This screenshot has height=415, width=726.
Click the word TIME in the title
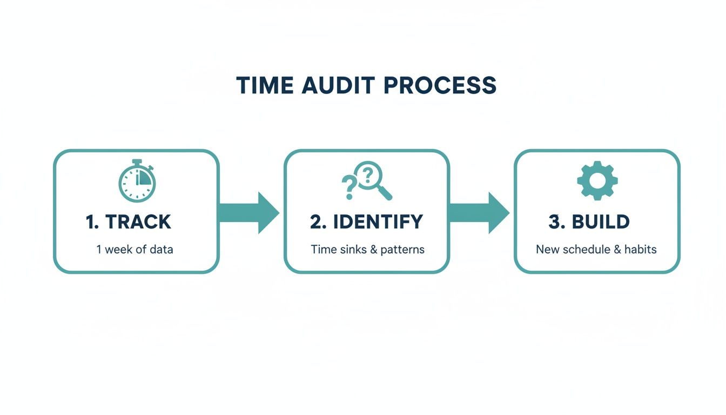coord(265,86)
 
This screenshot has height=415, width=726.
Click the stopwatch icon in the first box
coord(137,181)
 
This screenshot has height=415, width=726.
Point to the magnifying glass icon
coord(373,180)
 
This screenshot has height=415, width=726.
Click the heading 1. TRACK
coord(129,222)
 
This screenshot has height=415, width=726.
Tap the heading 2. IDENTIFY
coord(366,222)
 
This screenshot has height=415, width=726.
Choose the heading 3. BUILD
coord(589,222)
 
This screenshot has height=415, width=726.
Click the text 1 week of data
coord(135,250)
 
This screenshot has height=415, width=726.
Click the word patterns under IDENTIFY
coord(402,250)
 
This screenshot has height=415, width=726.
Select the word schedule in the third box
coord(586,250)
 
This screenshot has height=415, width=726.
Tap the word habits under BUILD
coord(640,250)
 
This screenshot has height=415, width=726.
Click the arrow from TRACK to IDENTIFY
coord(249,213)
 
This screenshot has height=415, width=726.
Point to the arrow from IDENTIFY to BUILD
coord(479,213)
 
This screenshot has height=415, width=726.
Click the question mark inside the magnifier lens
coord(368,174)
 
